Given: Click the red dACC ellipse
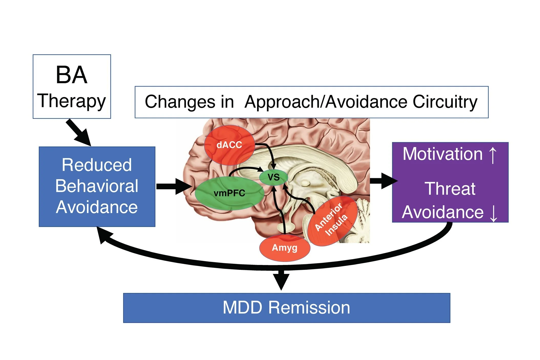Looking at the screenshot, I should [x=229, y=145].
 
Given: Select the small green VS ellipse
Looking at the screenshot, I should [x=273, y=177].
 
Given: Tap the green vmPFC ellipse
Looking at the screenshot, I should [x=229, y=193].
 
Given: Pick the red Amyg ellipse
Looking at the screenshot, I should [x=284, y=248].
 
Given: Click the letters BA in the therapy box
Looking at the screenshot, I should [x=71, y=75].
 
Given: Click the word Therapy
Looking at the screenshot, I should [x=71, y=101].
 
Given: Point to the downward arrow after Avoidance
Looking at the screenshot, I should [x=493, y=213].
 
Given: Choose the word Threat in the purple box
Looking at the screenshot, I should [x=450, y=189].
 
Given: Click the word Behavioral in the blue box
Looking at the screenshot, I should [x=97, y=186].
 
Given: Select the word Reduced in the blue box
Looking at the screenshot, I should [x=97, y=165].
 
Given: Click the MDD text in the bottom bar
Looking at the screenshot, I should [x=242, y=308].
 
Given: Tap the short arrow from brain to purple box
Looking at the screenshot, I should [x=383, y=181].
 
